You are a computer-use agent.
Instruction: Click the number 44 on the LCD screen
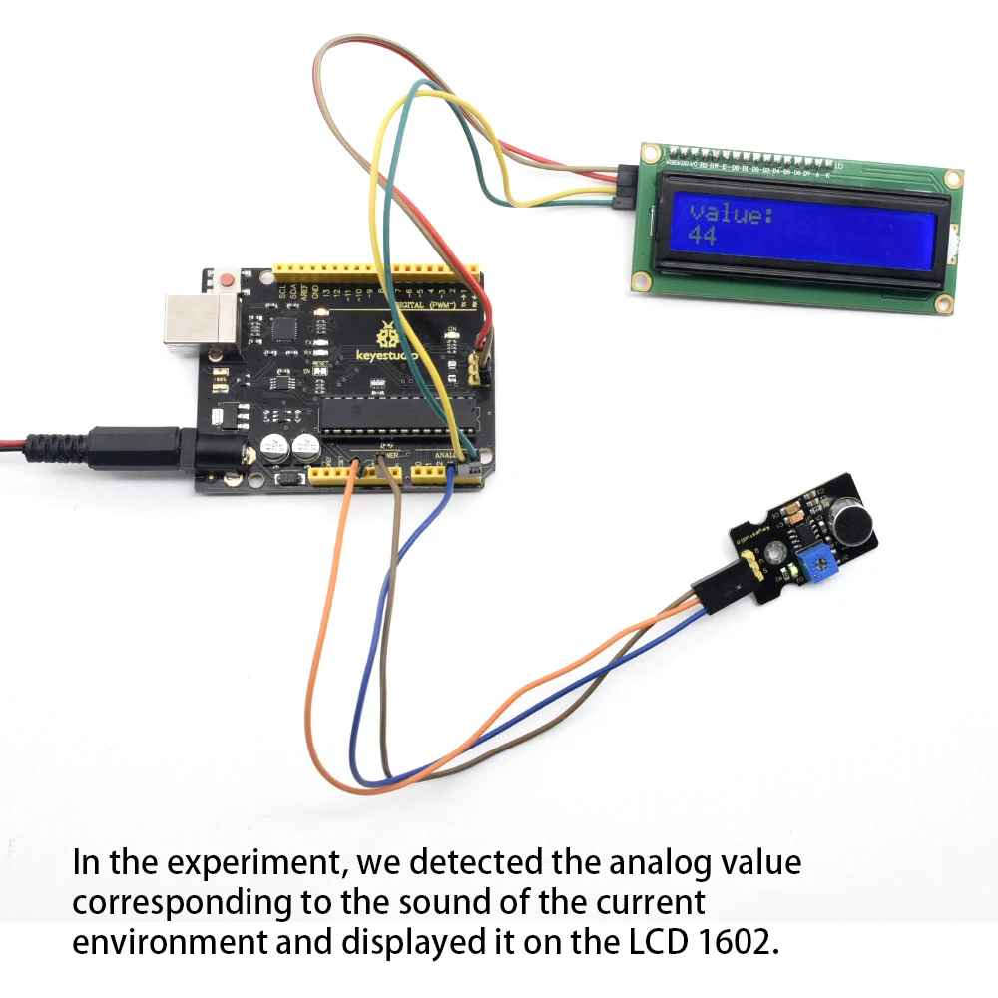coord(703,236)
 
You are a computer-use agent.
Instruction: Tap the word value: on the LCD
coord(732,213)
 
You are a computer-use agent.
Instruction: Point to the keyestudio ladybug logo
coord(384,333)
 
